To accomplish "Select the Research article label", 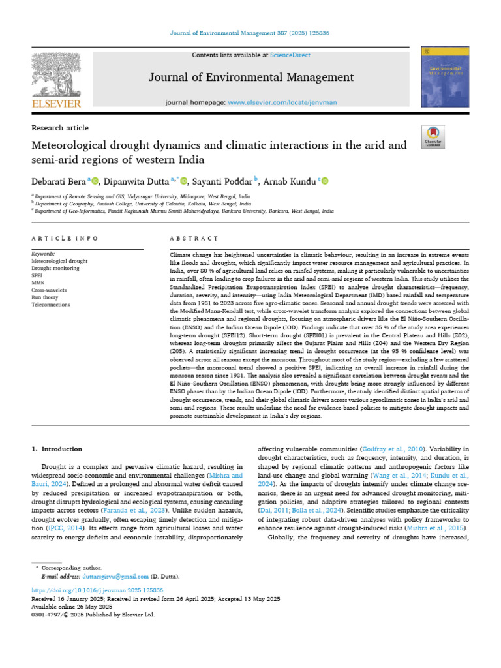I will pos(60,128).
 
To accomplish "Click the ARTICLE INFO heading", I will pos(65,239).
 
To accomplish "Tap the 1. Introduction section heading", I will pos(57,449).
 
